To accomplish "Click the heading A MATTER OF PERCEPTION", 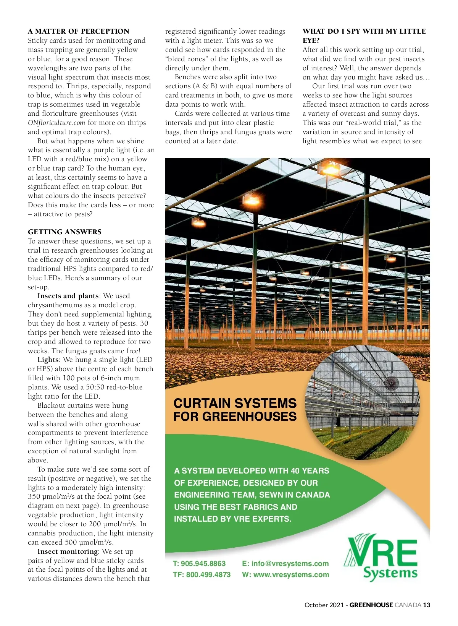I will tap(78, 31).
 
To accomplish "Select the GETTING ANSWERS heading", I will tap(65, 232).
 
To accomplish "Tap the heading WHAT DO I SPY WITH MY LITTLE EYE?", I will tap(364, 36).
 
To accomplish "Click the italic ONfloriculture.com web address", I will tap(56, 123).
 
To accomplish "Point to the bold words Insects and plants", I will tap(68, 296).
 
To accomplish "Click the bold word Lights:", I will tap(49, 360).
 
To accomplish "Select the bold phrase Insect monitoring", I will tap(68, 551).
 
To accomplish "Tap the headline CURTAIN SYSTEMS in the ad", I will tap(235, 403).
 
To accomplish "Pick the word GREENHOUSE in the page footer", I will tap(371, 605).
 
